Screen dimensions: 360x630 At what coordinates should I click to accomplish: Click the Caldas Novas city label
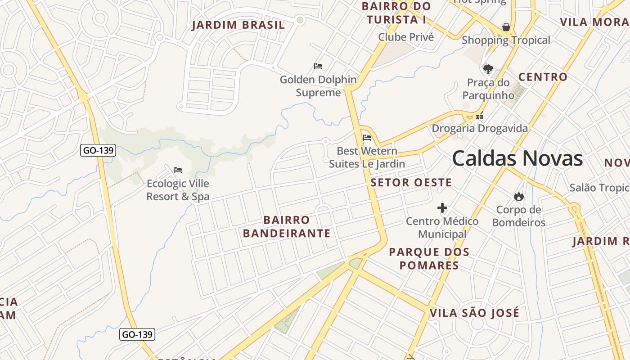(517, 159)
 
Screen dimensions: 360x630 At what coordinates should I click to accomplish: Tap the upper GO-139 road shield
(98, 150)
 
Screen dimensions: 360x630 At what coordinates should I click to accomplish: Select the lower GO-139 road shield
(137, 334)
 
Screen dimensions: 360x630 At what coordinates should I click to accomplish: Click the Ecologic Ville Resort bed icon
(178, 170)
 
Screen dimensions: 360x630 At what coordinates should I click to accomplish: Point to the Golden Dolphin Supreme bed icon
(318, 66)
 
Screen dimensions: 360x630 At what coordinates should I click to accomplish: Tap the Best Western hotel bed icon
(367, 137)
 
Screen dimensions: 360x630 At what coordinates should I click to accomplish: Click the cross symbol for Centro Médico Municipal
(442, 208)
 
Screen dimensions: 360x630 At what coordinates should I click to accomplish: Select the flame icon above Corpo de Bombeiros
(518, 196)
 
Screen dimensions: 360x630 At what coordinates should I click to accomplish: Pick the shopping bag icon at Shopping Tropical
(506, 27)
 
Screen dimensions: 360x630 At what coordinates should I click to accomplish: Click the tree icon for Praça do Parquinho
(488, 69)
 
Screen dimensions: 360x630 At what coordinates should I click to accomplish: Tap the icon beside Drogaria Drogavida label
(480, 116)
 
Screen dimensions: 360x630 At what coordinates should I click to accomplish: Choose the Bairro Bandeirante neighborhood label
(287, 226)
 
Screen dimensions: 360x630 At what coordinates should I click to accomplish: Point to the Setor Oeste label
(411, 182)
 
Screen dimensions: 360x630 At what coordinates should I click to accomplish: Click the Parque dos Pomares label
(429, 258)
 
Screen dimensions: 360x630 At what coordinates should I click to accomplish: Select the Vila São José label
(474, 313)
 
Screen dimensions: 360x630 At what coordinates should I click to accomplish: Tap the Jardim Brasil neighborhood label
(238, 25)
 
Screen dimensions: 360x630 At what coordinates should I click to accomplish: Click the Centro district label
(543, 77)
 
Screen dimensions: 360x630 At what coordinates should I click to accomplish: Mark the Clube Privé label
(406, 37)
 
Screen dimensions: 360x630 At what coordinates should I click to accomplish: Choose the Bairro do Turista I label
(396, 13)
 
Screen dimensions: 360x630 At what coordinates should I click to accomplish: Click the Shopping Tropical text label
(506, 40)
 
